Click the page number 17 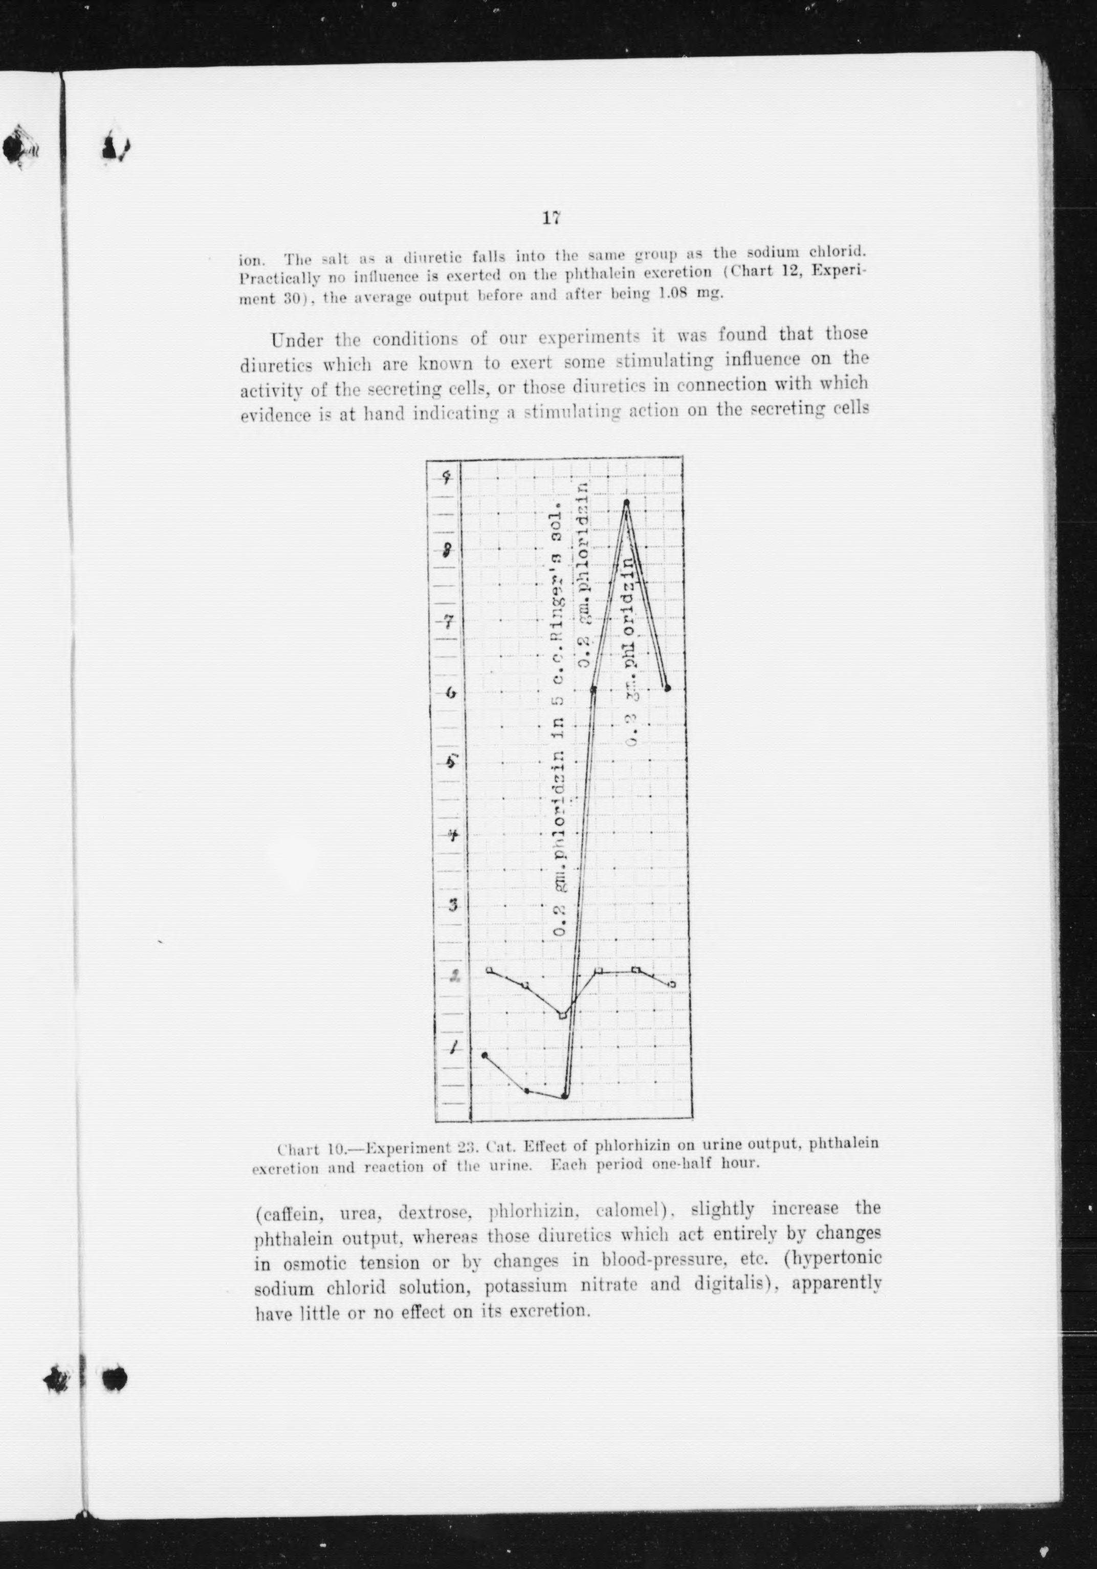click(551, 218)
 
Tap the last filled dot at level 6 click(667, 687)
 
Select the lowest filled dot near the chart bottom click(565, 1096)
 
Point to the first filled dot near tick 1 click(485, 1055)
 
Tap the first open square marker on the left click(489, 971)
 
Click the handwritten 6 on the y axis click(450, 692)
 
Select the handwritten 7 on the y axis click(449, 622)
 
